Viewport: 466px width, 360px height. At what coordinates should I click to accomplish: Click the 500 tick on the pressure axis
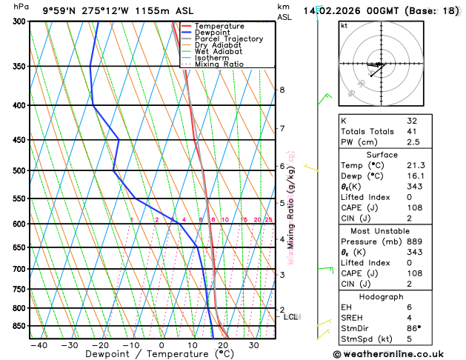[19, 171]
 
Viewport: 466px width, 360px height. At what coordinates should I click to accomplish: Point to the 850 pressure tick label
[19, 326]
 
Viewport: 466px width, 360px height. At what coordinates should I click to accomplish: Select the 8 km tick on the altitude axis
[282, 90]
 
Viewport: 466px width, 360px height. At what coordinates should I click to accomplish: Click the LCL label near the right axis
[291, 317]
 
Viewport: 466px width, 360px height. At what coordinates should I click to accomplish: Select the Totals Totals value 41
[412, 131]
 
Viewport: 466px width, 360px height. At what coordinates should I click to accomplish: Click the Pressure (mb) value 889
[413, 241]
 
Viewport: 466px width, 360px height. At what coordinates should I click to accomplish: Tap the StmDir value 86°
[413, 329]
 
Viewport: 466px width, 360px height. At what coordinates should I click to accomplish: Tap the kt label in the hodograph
[344, 25]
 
